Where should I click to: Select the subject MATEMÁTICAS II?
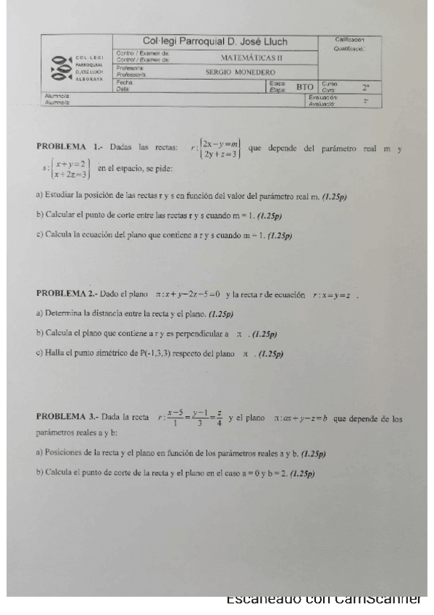point(251,57)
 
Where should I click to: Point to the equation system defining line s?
point(67,170)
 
